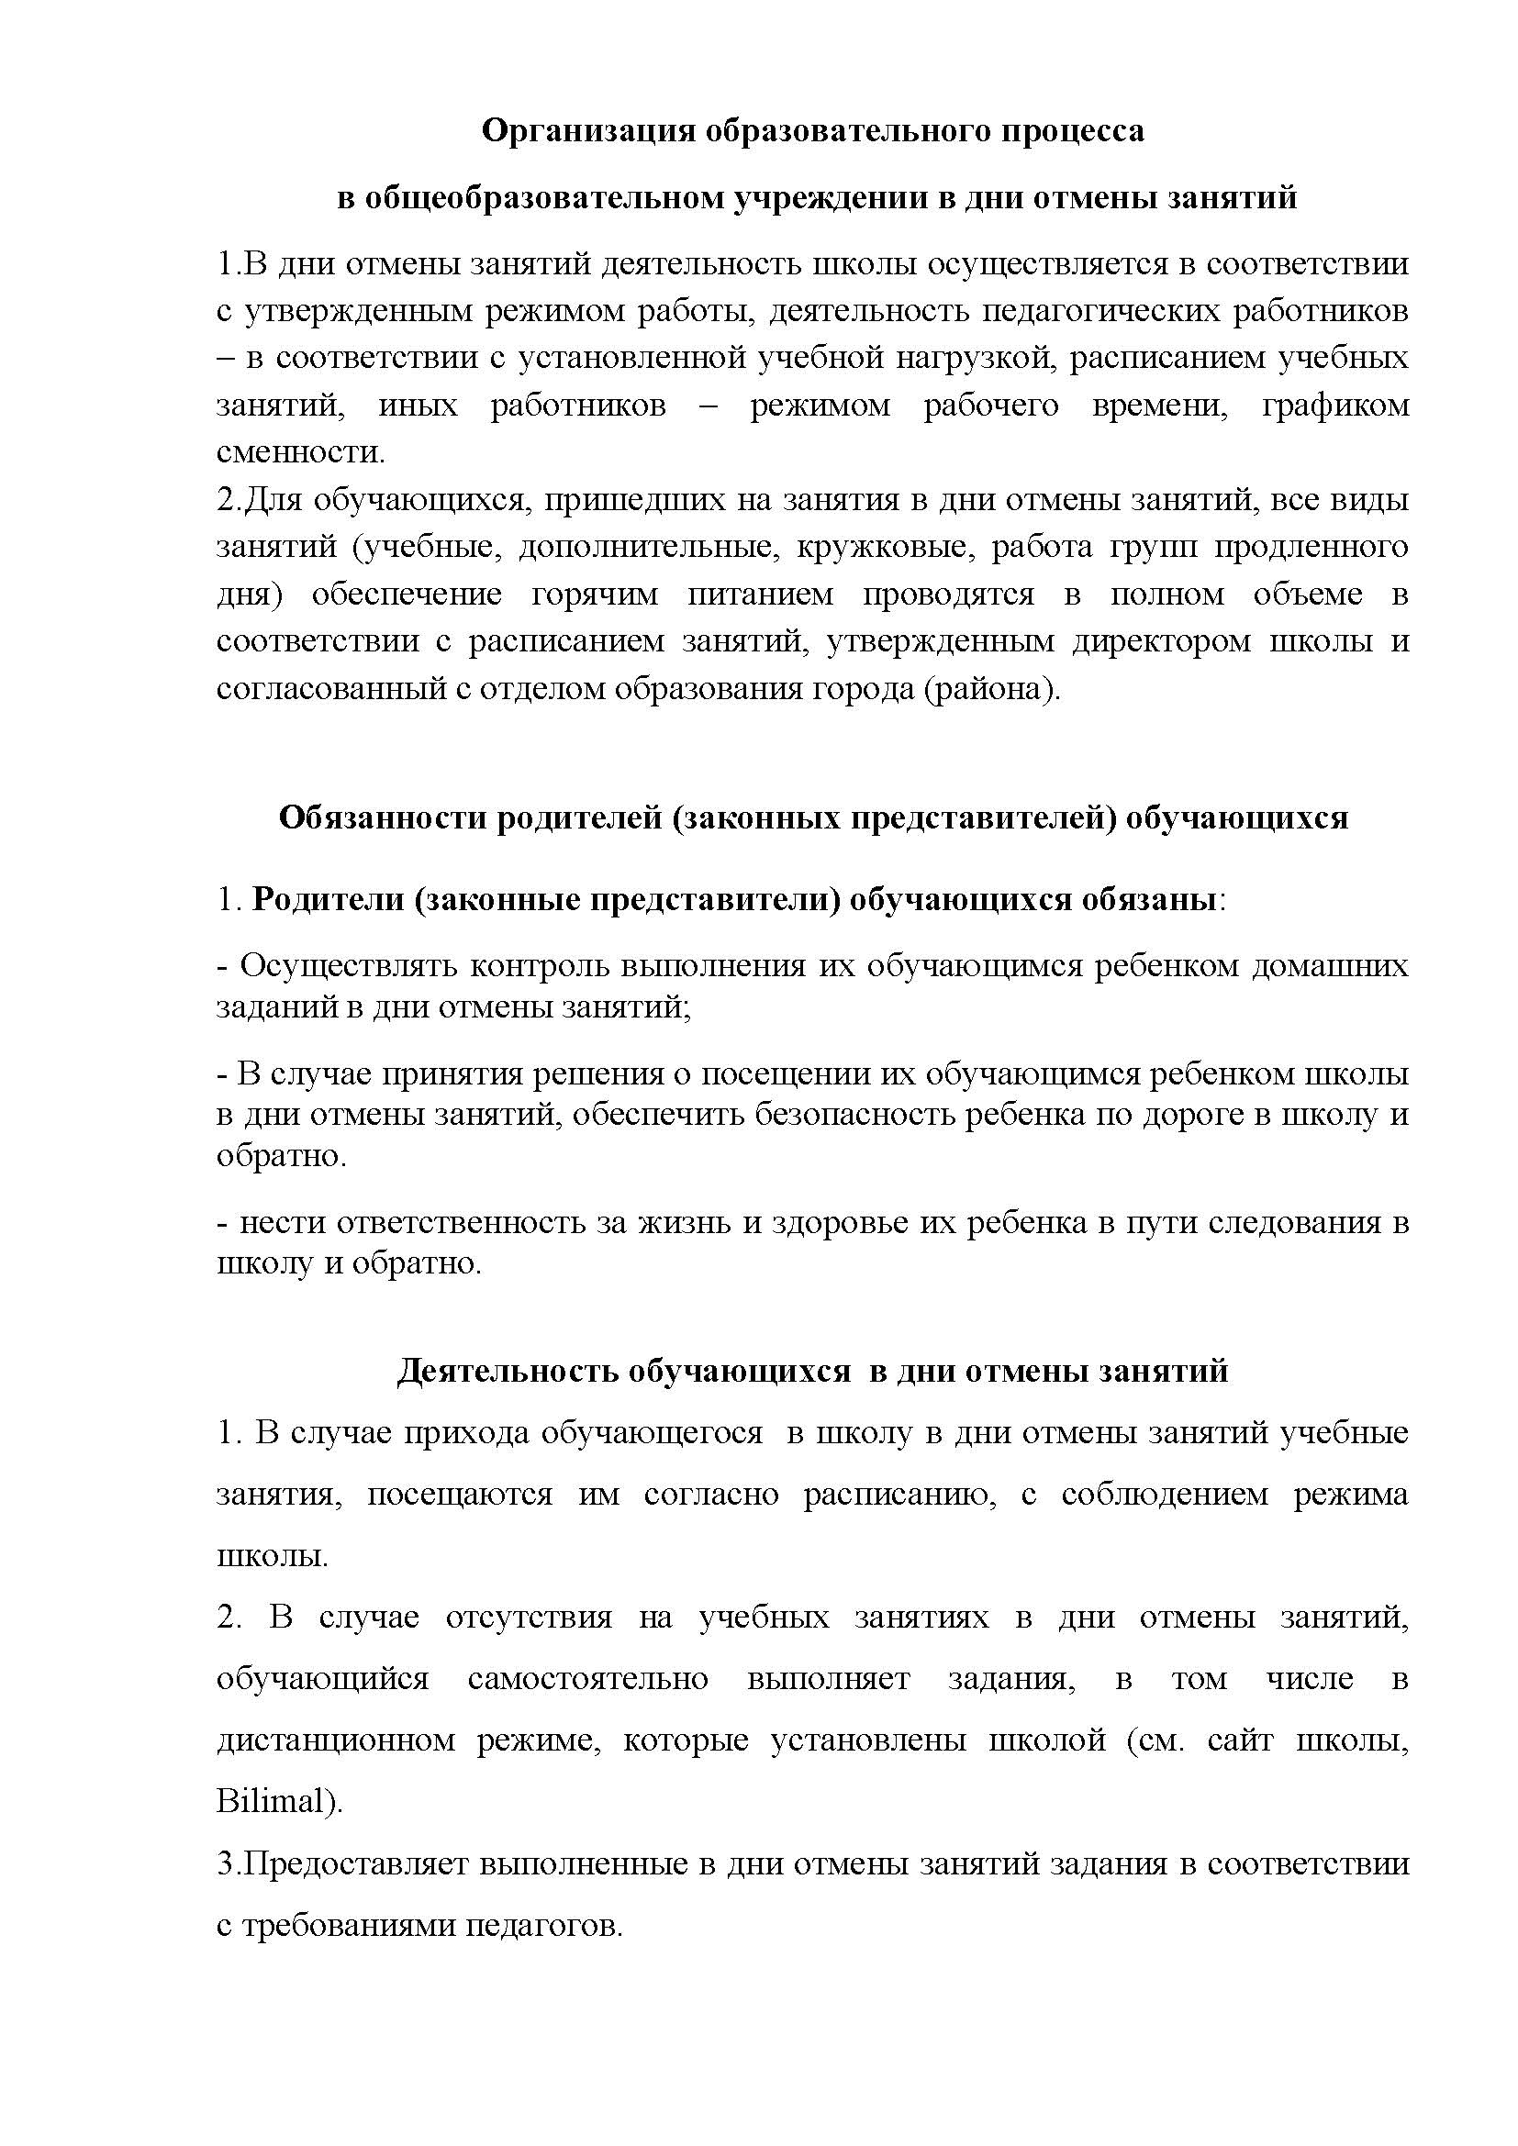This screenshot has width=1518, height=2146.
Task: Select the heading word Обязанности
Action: (x=384, y=817)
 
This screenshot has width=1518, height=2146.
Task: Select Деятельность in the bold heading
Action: (x=507, y=1371)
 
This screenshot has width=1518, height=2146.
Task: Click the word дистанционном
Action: (x=336, y=1740)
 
